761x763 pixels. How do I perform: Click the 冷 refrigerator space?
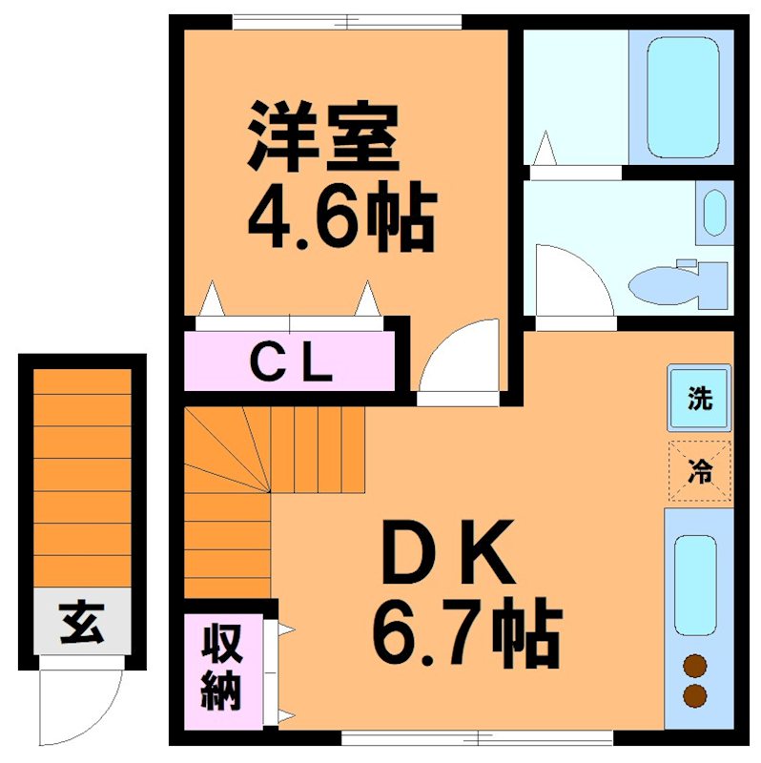click(x=700, y=470)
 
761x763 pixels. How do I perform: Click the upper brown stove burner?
click(x=695, y=666)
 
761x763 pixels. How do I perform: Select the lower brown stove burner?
click(x=695, y=696)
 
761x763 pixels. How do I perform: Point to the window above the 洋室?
click(x=347, y=19)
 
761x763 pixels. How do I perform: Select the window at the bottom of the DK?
click(x=477, y=736)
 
